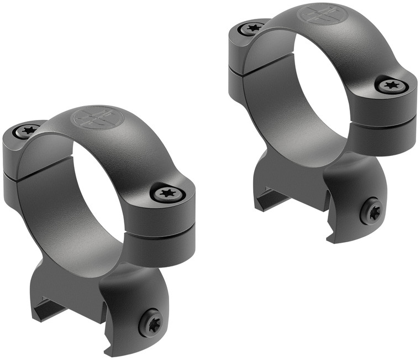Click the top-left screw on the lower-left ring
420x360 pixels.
coord(27,131)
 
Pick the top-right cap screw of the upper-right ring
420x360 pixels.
coord(392,85)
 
